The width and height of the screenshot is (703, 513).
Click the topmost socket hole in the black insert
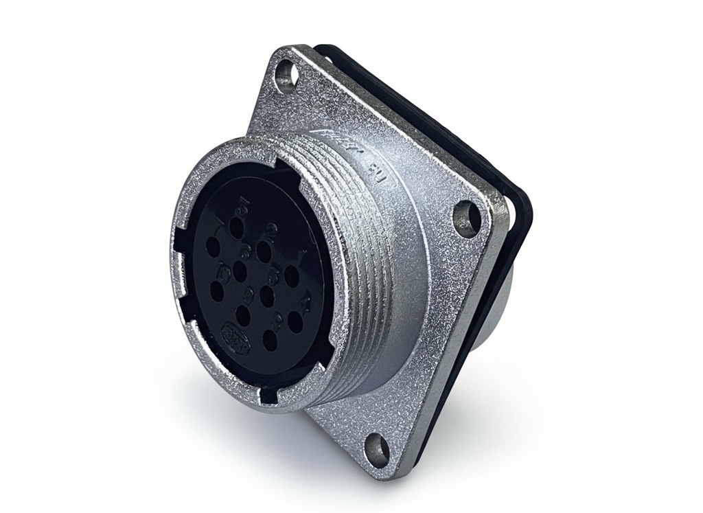click(x=239, y=229)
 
